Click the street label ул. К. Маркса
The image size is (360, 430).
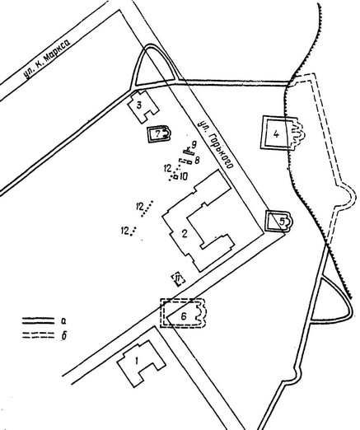(47, 58)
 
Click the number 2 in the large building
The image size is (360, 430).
(185, 234)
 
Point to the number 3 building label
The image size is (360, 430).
(139, 105)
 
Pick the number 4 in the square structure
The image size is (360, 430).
(276, 134)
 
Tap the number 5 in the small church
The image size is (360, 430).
(282, 221)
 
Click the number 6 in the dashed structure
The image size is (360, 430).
(184, 316)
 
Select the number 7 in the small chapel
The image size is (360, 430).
(157, 134)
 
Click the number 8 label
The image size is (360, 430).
(197, 160)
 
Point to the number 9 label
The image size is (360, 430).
(194, 144)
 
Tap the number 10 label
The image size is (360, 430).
(184, 176)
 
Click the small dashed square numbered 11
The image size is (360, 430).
(178, 279)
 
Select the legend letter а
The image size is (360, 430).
(64, 320)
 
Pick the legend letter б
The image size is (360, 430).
(64, 335)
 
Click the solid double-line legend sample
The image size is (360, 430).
(38, 320)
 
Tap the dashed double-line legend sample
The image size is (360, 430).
(38, 335)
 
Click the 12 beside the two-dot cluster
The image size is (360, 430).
(124, 231)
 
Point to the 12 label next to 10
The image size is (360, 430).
(168, 168)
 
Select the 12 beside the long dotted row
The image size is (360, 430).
(140, 206)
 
